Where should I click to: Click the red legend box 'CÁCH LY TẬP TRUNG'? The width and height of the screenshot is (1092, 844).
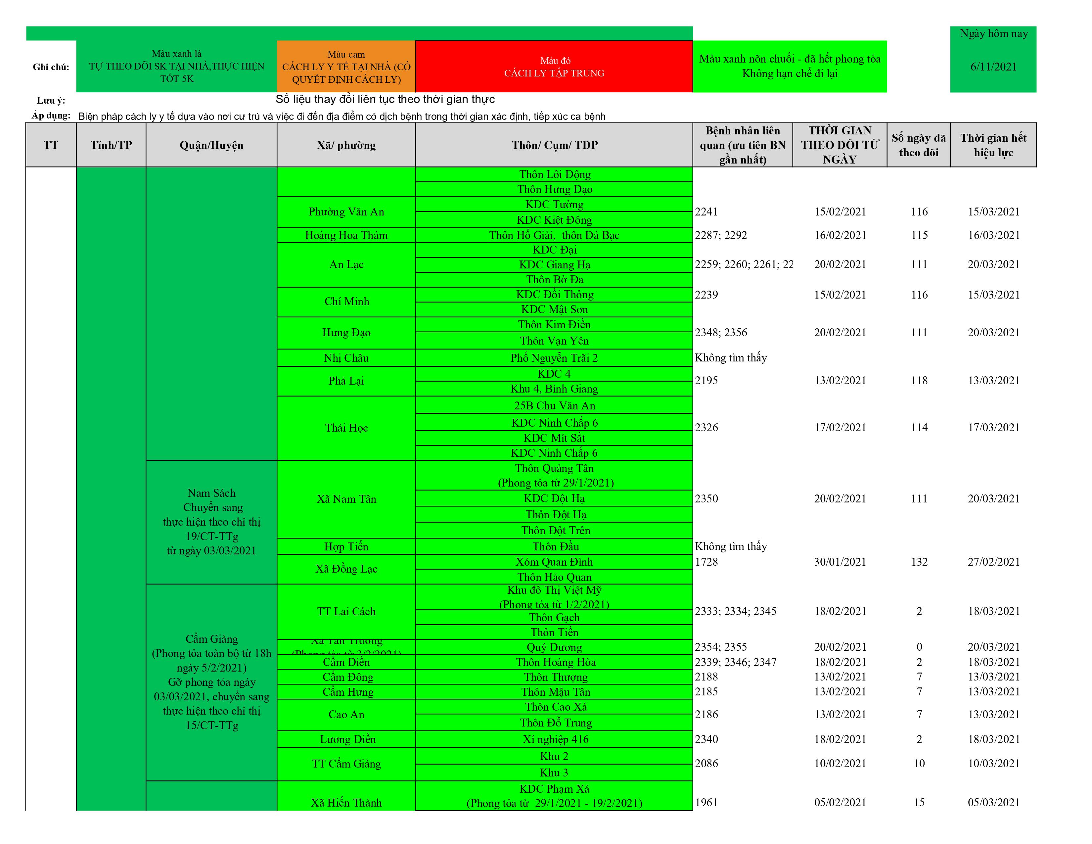click(554, 67)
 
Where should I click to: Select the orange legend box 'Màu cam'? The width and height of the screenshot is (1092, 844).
click(346, 67)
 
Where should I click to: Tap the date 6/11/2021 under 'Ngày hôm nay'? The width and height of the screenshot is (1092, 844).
click(993, 67)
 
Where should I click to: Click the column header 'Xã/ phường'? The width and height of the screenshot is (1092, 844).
click(346, 145)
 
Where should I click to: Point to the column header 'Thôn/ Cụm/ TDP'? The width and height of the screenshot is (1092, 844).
click(554, 145)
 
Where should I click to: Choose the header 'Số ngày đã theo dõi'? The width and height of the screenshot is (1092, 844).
click(919, 145)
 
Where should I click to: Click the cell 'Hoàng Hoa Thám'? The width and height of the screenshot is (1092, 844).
click(346, 235)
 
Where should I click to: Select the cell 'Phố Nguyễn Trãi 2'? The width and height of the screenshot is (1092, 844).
click(554, 358)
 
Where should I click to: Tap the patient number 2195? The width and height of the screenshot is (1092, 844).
click(706, 381)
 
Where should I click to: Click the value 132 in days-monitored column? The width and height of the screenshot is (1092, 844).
click(919, 562)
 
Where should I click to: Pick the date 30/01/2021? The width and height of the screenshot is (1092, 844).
click(840, 562)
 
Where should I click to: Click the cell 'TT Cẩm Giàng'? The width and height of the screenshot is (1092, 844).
click(346, 764)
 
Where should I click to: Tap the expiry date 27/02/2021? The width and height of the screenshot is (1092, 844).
click(993, 562)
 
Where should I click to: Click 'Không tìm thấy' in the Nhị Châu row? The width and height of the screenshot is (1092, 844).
click(731, 358)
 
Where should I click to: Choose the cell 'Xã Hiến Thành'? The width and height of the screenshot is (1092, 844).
click(346, 803)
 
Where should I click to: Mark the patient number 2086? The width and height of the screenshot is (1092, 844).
click(706, 764)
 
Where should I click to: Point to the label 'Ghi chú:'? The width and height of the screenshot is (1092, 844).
click(51, 67)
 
